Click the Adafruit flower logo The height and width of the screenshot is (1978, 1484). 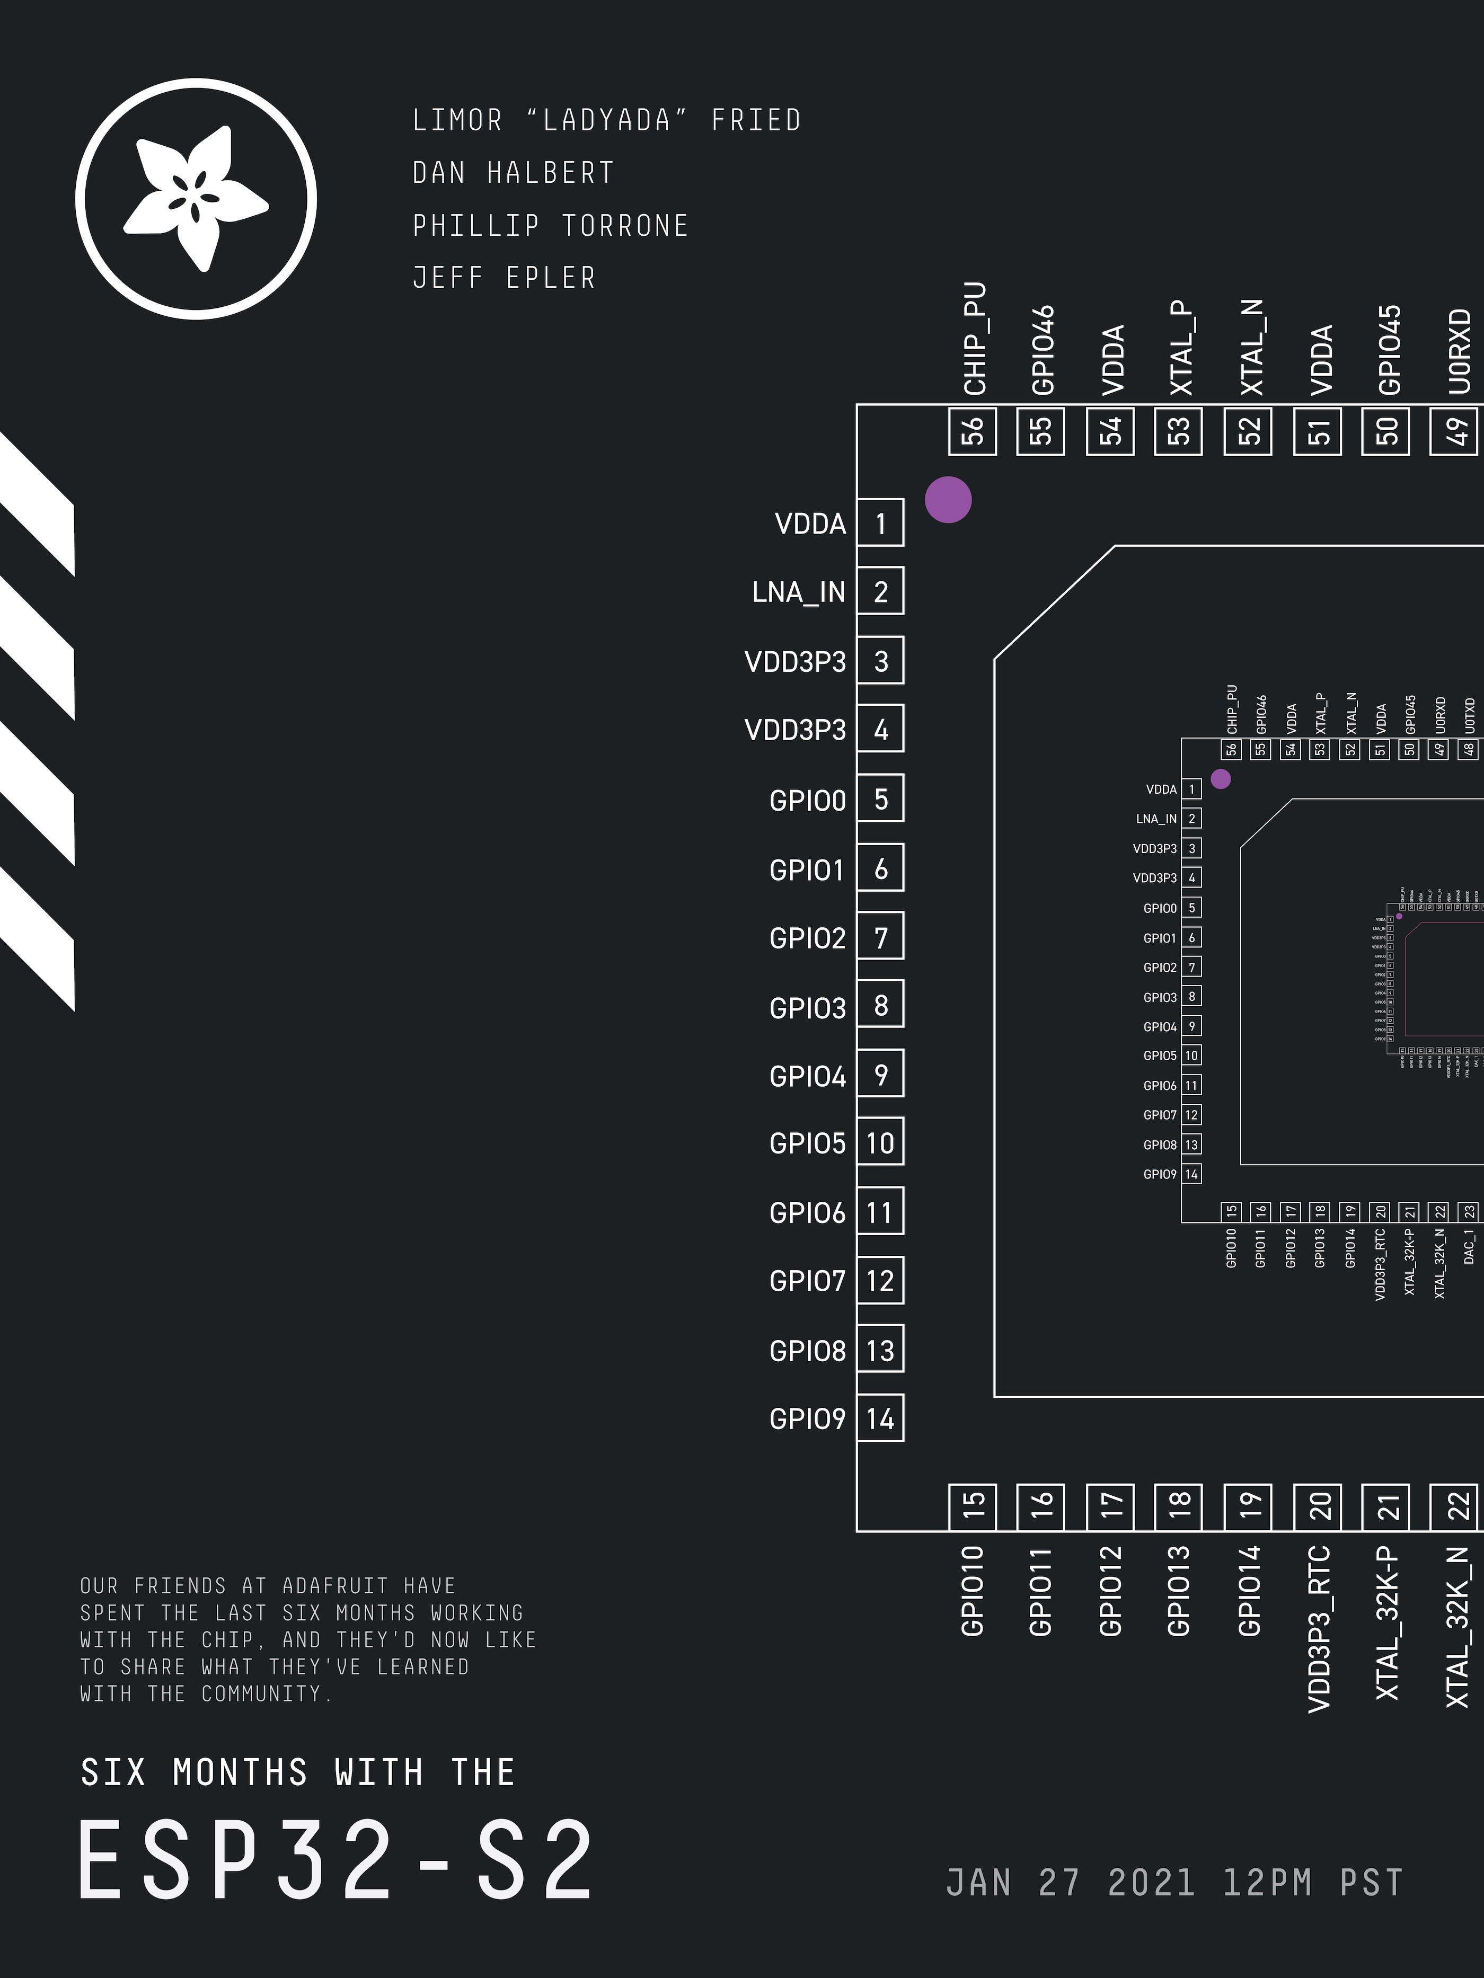196,199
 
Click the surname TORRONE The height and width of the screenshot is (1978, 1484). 625,225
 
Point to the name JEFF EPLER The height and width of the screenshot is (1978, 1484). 503,278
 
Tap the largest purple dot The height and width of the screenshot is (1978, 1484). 948,500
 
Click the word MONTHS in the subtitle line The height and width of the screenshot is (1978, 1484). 240,1772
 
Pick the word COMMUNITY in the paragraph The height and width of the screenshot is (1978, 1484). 261,1693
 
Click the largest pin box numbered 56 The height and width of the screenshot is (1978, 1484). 973,431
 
